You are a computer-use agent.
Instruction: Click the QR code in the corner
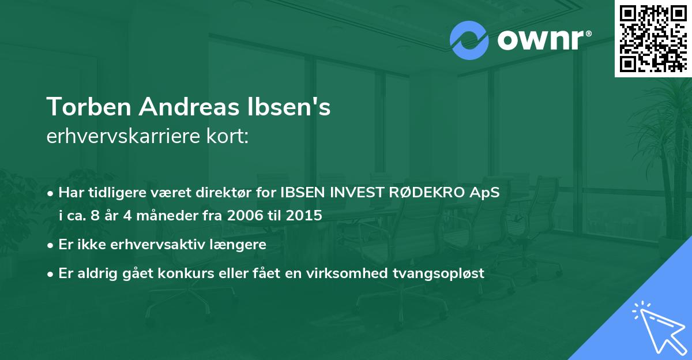653,38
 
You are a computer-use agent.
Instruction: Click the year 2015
306,216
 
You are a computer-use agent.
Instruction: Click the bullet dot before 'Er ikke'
51,245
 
